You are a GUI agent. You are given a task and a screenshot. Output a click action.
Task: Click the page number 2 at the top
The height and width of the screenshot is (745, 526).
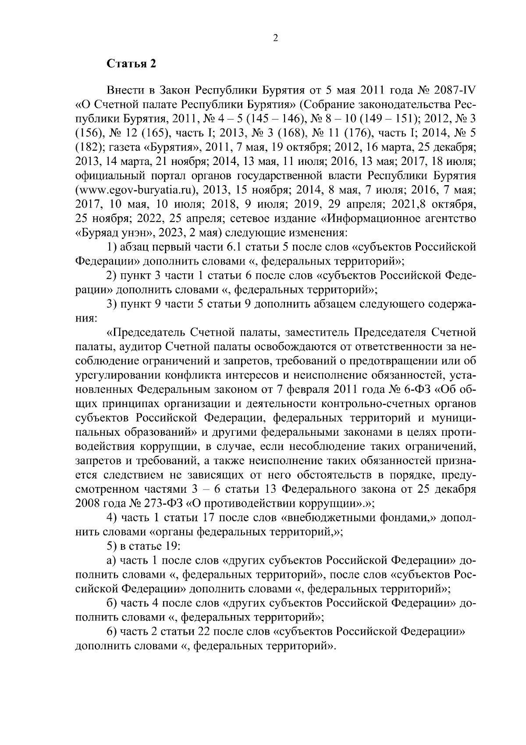275,38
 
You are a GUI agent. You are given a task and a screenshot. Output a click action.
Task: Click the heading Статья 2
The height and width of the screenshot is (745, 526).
131,64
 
